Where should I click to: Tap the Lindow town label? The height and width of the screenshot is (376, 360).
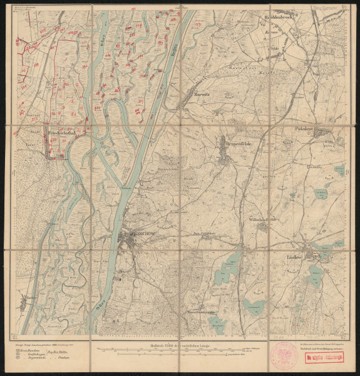click(296, 258)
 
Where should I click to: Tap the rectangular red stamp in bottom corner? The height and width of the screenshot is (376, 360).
click(326, 358)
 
